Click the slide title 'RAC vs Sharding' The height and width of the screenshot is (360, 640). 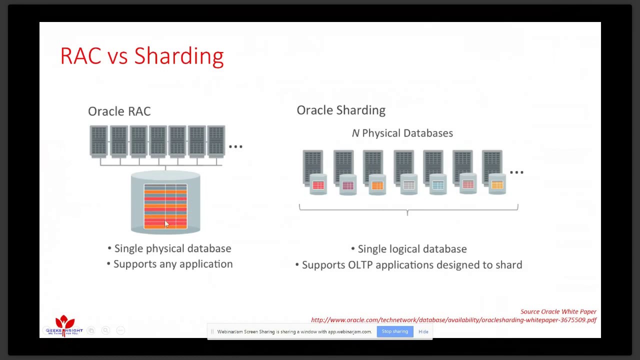tap(141, 56)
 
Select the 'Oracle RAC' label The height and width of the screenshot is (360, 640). tap(119, 111)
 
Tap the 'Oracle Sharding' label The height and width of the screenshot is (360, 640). tap(341, 110)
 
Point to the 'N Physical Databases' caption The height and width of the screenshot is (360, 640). tap(402, 133)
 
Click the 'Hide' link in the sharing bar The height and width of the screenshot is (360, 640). tap(423, 331)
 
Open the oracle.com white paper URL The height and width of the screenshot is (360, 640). tap(453, 320)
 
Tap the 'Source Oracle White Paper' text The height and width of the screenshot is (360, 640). tap(558, 311)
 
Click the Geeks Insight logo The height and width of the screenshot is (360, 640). tap(64, 325)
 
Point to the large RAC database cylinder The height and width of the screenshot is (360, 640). tap(165, 202)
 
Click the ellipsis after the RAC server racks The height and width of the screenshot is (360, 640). tap(235, 146)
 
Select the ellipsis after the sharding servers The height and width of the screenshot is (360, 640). tap(516, 172)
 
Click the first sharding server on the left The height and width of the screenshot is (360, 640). tap(312, 167)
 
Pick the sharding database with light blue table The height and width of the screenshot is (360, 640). tap(438, 185)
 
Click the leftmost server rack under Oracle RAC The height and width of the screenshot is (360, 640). tap(98, 141)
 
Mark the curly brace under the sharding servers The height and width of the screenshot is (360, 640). tap(408, 209)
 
